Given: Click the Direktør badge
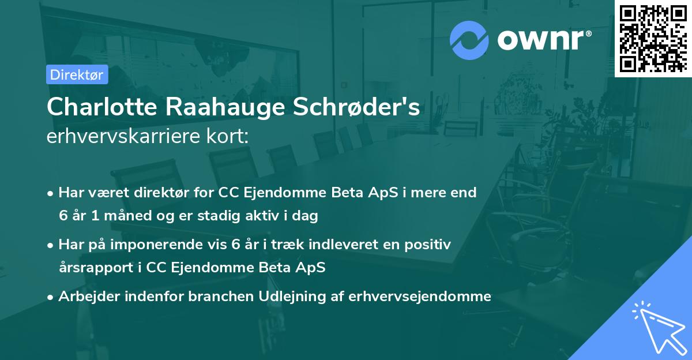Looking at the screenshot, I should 77,74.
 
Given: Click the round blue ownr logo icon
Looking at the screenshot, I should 469,40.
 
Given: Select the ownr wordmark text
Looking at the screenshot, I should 543,39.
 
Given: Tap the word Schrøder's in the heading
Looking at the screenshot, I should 358,107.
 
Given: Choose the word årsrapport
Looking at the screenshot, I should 92,268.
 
